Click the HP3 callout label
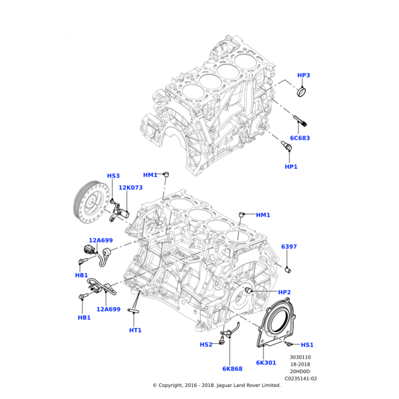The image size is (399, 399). point(303,76)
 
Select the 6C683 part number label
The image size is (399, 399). point(299,138)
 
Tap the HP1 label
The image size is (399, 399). point(291,166)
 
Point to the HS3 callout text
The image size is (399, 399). point(113,176)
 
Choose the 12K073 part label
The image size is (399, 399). point(130,188)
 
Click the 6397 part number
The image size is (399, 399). point(289,247)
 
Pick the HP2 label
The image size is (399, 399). point(285,293)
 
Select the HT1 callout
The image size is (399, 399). point(135,331)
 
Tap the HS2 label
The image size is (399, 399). point(206,344)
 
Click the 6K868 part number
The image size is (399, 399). point(232,368)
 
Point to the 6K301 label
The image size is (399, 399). point(266,362)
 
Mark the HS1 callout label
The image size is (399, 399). point(307,345)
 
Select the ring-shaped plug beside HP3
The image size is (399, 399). point(303,91)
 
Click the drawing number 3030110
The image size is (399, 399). point(301,357)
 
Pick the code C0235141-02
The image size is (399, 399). point(301,378)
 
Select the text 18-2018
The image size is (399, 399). point(301,364)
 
